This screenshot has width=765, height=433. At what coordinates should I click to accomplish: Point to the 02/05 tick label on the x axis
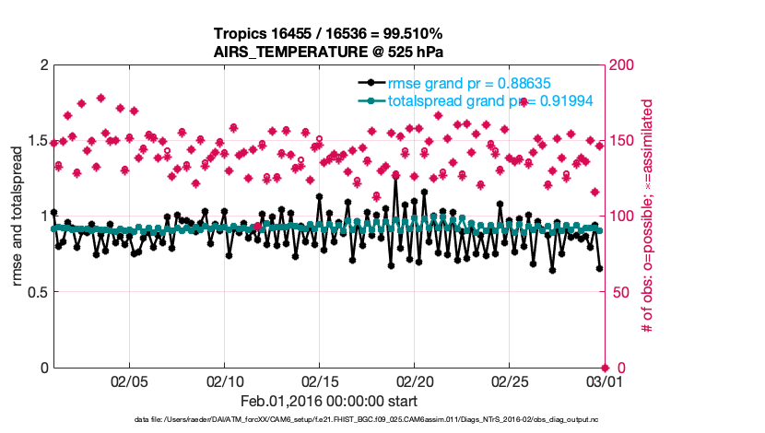coord(130,381)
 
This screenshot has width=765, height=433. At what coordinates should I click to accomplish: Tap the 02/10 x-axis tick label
coord(225,381)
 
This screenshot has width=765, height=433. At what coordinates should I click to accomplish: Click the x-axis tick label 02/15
coord(319,381)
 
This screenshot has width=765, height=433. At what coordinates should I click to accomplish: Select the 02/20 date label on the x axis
coord(414,381)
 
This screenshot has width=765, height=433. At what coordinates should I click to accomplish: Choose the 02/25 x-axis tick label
coord(509,381)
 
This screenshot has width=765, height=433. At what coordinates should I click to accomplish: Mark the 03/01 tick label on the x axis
coord(603,381)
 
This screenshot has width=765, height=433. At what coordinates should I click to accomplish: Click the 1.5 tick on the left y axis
coord(35,140)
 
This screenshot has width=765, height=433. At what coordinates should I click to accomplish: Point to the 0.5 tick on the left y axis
coord(35,292)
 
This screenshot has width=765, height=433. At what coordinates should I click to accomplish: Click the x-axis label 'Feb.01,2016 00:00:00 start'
coord(328,402)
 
